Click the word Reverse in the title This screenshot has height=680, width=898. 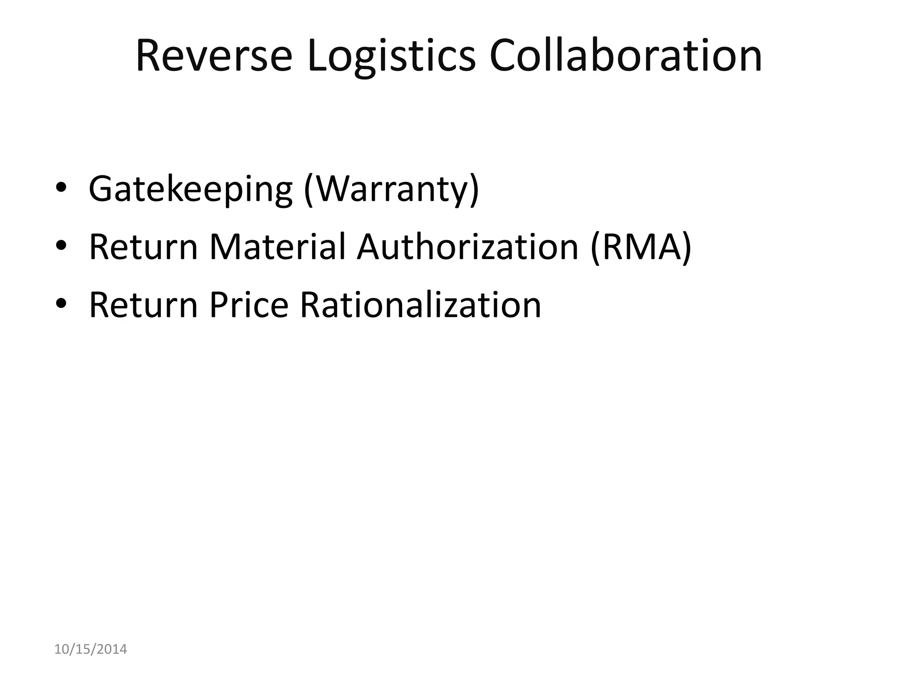coord(214,56)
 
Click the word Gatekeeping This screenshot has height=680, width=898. coord(190,189)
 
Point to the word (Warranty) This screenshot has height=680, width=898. coord(392,189)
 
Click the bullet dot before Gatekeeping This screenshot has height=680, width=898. coord(61,187)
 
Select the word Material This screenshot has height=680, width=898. coord(278,247)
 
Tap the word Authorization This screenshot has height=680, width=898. coord(468,247)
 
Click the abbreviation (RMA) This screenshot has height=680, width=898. coord(641,247)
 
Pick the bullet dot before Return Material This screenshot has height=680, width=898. coord(61,245)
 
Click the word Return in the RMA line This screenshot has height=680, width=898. coord(143,247)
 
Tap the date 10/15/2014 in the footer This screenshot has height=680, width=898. coord(90,649)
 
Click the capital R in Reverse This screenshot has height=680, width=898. coord(149,56)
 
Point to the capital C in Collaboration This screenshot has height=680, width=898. coord(504,56)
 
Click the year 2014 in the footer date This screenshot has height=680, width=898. coord(111,649)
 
